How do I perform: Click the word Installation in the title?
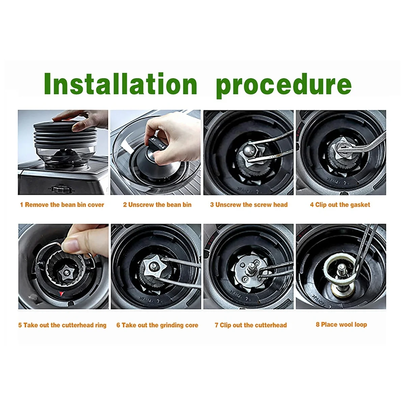coord(120,84)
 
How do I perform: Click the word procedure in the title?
coord(283,84)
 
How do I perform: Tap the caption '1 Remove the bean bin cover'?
coord(62,205)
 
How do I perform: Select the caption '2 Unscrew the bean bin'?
coord(157,205)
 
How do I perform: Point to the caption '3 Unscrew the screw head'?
coord(249,205)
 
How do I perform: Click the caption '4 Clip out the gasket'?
coord(340,205)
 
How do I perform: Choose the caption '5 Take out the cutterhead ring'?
coord(62,325)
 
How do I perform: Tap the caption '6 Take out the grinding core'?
coord(157,325)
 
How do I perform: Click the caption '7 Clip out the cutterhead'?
coord(250,325)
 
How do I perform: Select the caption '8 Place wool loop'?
coord(341,325)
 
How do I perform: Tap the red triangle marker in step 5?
coord(61,294)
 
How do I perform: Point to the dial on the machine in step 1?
coord(58,188)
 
